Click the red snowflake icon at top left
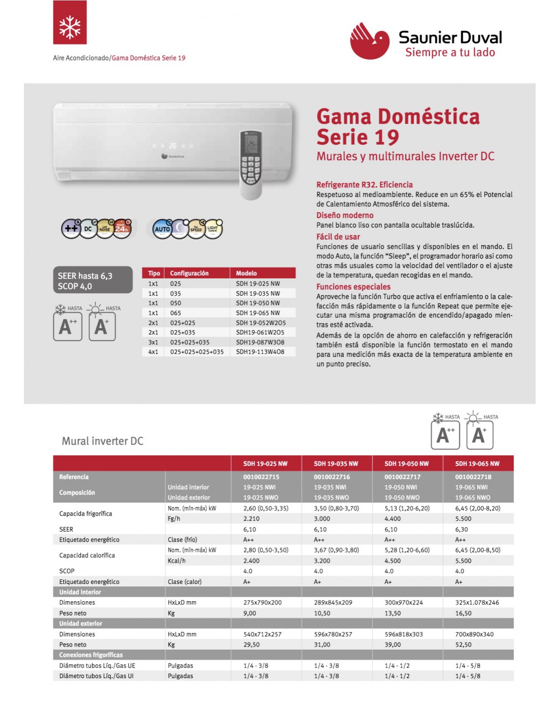pyautogui.click(x=70, y=22)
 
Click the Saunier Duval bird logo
pyautogui.click(x=370, y=41)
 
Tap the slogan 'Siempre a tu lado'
pyautogui.click(x=450, y=52)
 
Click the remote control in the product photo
pyautogui.click(x=251, y=164)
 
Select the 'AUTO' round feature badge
pyautogui.click(x=162, y=229)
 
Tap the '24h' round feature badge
pyautogui.click(x=122, y=229)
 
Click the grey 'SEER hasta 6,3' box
pyautogui.click(x=93, y=281)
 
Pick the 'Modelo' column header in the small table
pyautogui.click(x=246, y=273)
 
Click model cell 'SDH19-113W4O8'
pyautogui.click(x=260, y=352)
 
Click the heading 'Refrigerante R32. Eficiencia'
pyautogui.click(x=365, y=185)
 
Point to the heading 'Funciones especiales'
pyautogui.click(x=353, y=287)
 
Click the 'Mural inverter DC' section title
pyautogui.click(x=103, y=441)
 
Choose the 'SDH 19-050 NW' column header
pyautogui.click(x=407, y=464)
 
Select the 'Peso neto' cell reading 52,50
pyautogui.click(x=463, y=645)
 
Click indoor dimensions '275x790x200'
pyautogui.click(x=262, y=602)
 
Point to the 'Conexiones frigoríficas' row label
pyautogui.click(x=91, y=655)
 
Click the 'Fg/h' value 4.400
pyautogui.click(x=393, y=519)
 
